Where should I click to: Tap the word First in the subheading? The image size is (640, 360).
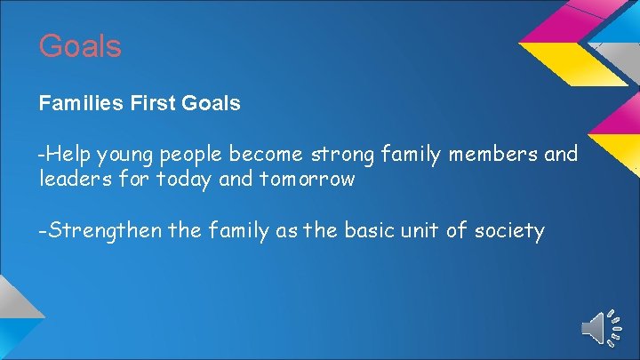point(154,103)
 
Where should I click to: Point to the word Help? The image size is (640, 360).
point(70,155)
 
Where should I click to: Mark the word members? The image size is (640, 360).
point(492,155)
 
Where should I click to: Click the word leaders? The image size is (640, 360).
point(76,179)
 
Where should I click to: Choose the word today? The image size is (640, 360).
point(183,180)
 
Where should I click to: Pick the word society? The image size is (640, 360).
point(508,232)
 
